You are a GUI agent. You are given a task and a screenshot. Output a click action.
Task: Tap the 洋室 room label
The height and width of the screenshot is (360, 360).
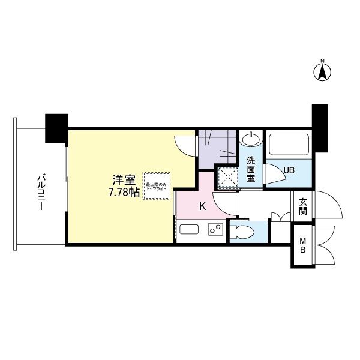[125, 179]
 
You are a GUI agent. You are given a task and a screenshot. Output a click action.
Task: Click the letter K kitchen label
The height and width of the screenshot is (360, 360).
[202, 207]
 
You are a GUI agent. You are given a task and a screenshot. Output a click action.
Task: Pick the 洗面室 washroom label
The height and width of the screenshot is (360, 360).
[251, 170]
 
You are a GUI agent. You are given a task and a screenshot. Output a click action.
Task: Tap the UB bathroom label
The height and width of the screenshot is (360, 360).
[289, 170]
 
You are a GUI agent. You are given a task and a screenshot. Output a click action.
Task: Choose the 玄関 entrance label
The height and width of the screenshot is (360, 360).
[302, 207]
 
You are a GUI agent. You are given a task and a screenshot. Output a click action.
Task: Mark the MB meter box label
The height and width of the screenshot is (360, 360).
[302, 246]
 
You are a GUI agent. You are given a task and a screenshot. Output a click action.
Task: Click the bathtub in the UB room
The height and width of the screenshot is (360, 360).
[289, 146]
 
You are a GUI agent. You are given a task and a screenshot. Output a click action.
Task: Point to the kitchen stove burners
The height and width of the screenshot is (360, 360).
[215, 230]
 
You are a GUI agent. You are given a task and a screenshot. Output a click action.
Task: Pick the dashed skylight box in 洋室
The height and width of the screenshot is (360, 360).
[157, 186]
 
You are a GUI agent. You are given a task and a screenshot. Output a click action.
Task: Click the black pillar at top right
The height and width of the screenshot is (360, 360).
[319, 127]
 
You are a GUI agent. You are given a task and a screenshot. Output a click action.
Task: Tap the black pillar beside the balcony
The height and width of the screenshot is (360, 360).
[57, 127]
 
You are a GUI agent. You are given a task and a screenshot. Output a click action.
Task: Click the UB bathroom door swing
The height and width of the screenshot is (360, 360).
[274, 174]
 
